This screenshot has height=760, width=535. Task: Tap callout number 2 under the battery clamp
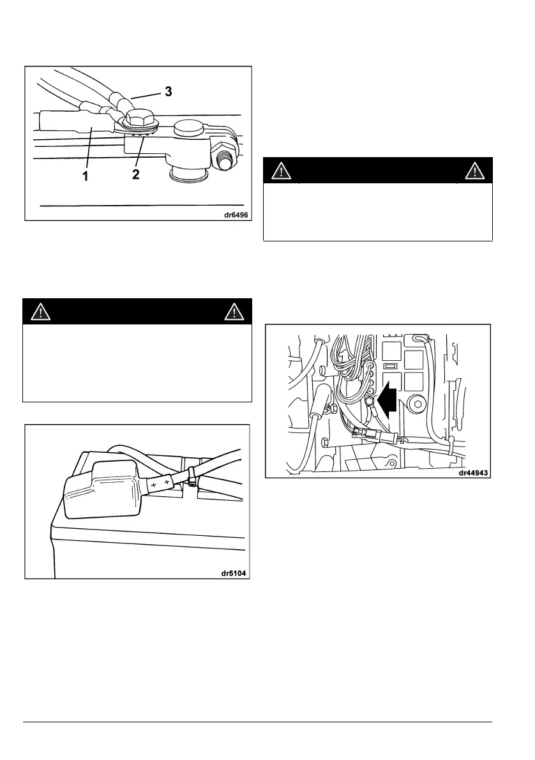136,174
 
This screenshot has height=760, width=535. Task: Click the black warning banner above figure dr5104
137,312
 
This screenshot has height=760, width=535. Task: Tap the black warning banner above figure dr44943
379,170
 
